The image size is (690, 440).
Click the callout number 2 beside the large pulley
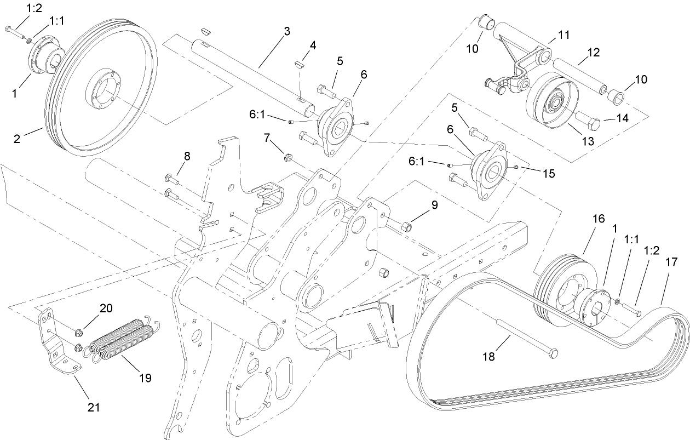(x=17, y=139)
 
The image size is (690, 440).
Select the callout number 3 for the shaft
(x=287, y=32)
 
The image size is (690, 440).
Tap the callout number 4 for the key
(x=313, y=45)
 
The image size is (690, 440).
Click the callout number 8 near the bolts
(x=187, y=156)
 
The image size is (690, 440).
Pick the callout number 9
(x=435, y=205)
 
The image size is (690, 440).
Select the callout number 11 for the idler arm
(x=564, y=35)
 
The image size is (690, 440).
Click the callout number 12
(x=594, y=53)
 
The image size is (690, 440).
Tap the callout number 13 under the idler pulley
(x=588, y=141)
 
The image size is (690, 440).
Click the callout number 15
(x=549, y=174)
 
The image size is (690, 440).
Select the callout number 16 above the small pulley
(x=599, y=219)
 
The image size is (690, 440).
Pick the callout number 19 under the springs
(x=145, y=378)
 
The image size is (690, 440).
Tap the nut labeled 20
(x=79, y=330)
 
